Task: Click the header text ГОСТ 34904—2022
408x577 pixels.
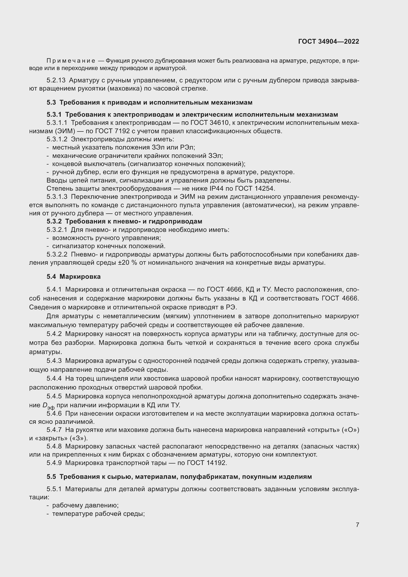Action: [x=328, y=41]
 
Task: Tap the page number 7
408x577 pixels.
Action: [x=357, y=525]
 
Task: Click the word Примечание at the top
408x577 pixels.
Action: [x=71, y=61]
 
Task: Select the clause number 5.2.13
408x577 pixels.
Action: [x=56, y=80]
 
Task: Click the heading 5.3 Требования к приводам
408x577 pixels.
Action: [x=149, y=103]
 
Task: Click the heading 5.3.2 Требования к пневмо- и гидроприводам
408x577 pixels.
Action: [x=124, y=221]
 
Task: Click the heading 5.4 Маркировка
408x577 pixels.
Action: [x=73, y=277]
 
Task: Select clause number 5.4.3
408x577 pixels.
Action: [x=54, y=361]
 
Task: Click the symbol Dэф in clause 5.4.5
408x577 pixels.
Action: [x=49, y=406]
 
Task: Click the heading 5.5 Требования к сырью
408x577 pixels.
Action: [x=179, y=477]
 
